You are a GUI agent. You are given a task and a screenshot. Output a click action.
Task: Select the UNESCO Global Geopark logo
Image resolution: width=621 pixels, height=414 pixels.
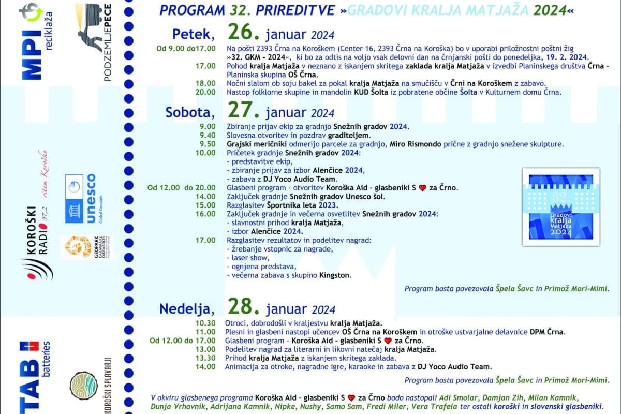pos(80,198)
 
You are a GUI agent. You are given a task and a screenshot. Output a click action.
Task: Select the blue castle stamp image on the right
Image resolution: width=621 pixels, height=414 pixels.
pos(564,206)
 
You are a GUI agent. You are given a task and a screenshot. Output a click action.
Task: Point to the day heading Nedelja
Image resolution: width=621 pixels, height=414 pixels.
pos(186,309)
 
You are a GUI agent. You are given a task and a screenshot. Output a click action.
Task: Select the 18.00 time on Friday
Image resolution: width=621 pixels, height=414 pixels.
pos(205,83)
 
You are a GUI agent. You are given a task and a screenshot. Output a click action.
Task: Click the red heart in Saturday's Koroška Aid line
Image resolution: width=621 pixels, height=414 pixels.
pos(422,188)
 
